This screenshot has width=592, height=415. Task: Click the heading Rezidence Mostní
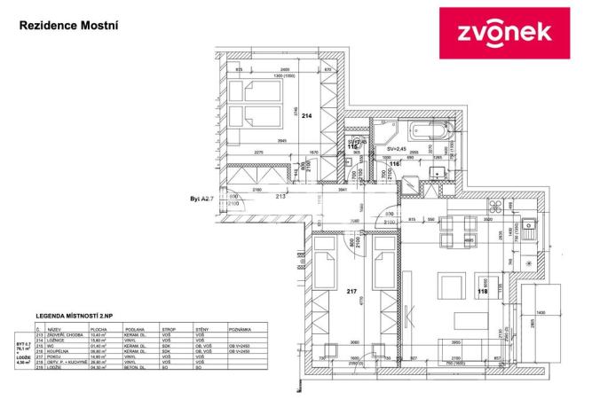pyautogui.click(x=68, y=26)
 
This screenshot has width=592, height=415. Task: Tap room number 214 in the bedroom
pyautogui.click(x=307, y=115)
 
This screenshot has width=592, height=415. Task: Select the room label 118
pyautogui.click(x=484, y=289)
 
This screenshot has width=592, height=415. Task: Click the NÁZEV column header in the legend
pyautogui.click(x=53, y=328)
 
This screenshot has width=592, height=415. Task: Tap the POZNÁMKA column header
pyautogui.click(x=241, y=328)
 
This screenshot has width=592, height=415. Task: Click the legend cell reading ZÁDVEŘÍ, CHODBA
pyautogui.click(x=60, y=335)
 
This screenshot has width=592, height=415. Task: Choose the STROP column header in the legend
pyautogui.click(x=167, y=328)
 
